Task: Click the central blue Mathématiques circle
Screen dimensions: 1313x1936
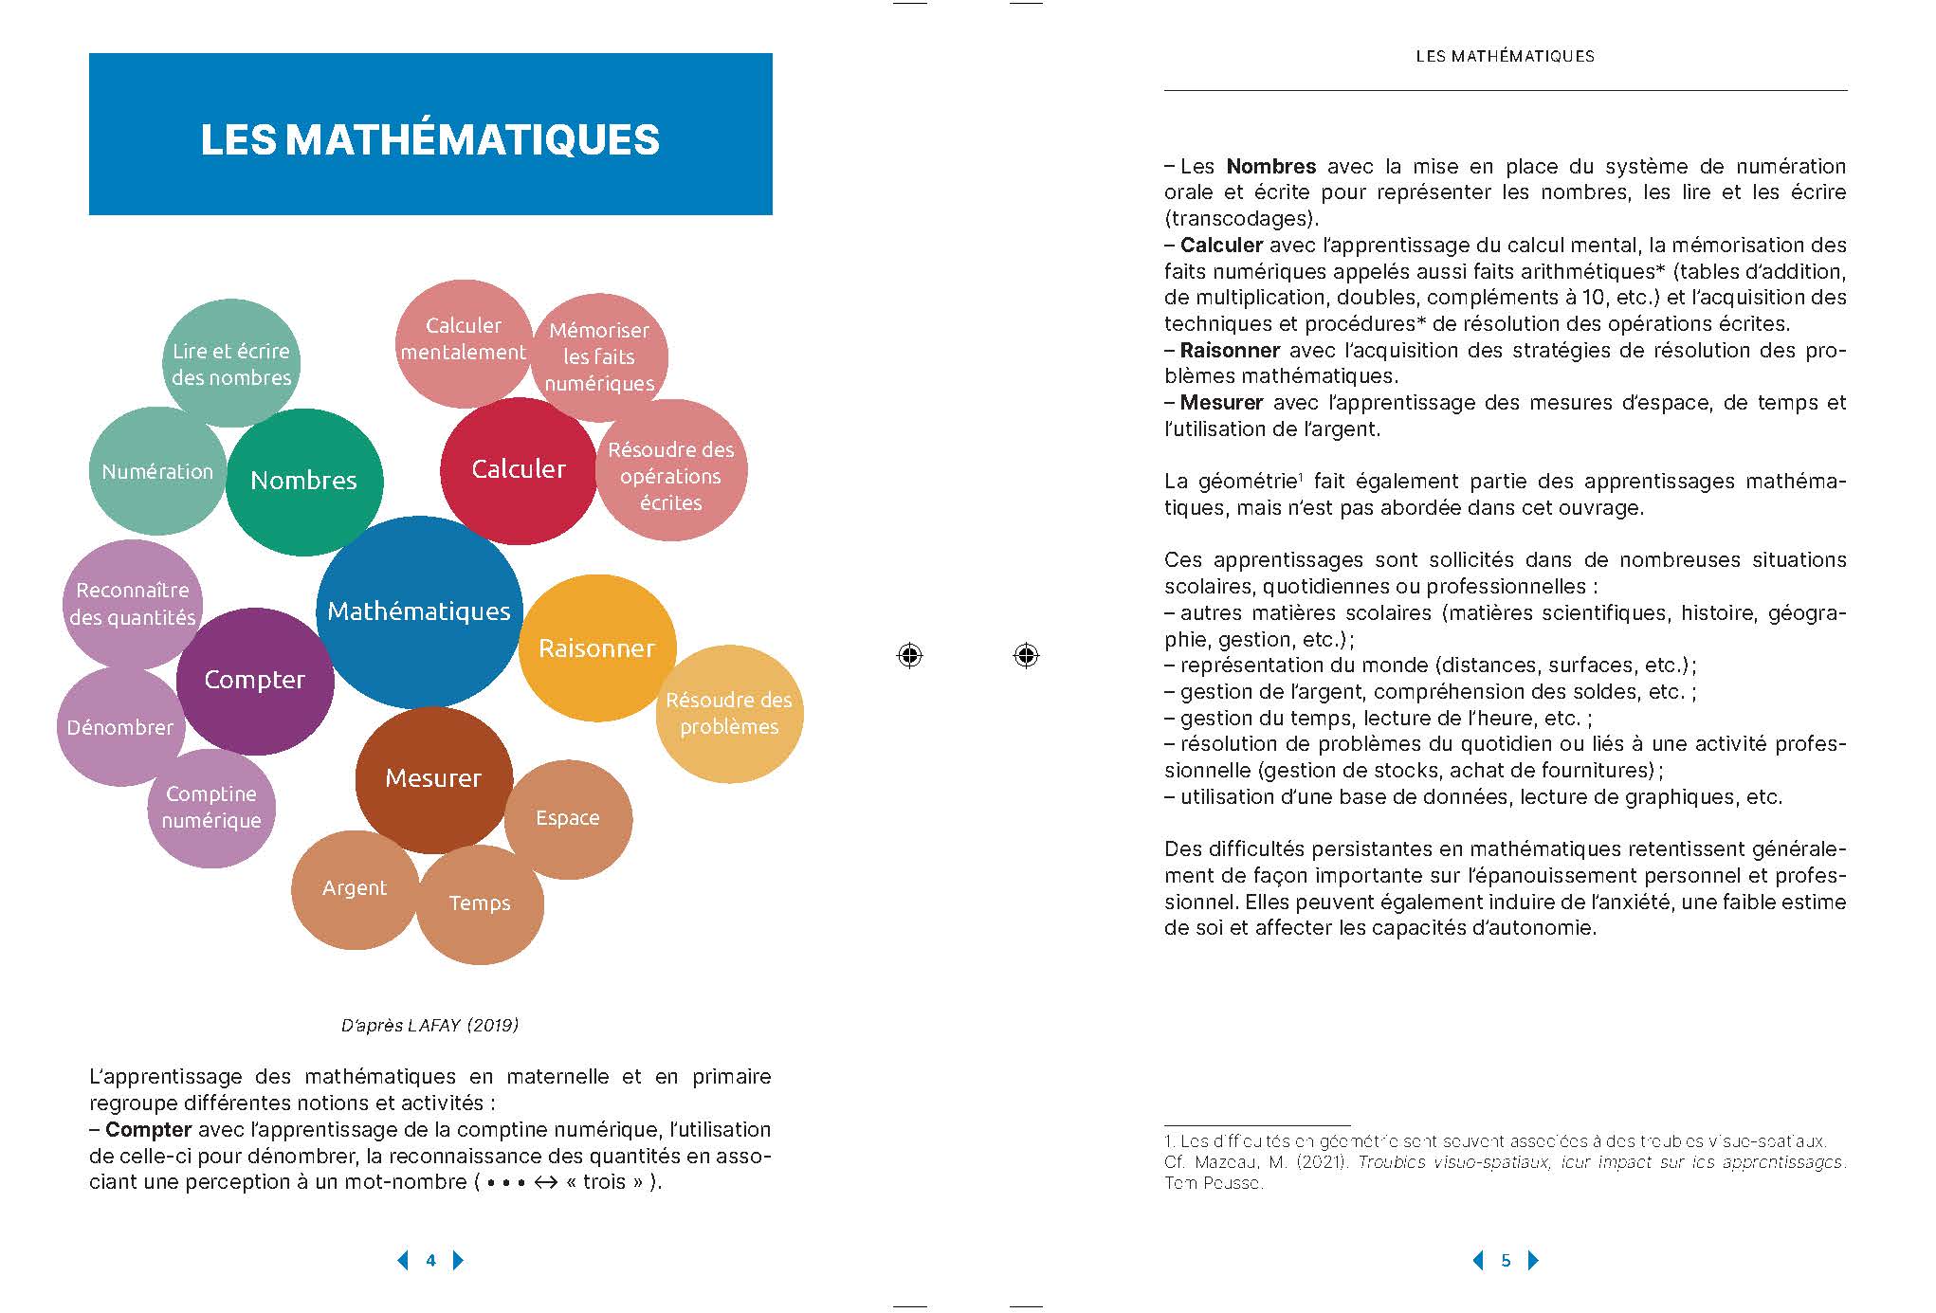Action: click(x=419, y=611)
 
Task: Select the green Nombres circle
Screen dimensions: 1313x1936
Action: click(x=303, y=481)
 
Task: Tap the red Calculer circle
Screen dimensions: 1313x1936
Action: click(x=519, y=469)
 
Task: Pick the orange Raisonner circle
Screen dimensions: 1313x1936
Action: click(x=597, y=648)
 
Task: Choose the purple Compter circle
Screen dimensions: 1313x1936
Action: click(x=254, y=680)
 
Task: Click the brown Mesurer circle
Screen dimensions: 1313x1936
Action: click(x=433, y=778)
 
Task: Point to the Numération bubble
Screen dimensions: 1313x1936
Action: click(x=156, y=471)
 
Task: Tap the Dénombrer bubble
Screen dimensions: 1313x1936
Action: click(x=119, y=727)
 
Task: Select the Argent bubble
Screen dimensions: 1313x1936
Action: click(x=354, y=888)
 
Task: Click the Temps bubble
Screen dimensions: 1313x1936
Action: click(x=480, y=903)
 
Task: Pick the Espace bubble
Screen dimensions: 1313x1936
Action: click(x=568, y=818)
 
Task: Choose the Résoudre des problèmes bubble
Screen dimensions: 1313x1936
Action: click(x=729, y=714)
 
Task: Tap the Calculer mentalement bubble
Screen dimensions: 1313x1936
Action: click(x=463, y=338)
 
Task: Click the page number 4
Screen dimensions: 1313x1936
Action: click(x=431, y=1260)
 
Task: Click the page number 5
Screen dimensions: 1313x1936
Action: click(x=1506, y=1260)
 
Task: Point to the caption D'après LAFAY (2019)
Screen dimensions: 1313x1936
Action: click(x=429, y=1025)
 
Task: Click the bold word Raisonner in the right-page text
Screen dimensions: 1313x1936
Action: click(x=1230, y=351)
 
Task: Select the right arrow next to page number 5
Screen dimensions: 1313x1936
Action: click(x=1534, y=1260)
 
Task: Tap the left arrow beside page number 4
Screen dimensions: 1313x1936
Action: click(x=403, y=1260)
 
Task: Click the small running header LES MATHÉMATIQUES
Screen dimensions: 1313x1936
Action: click(x=1505, y=57)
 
